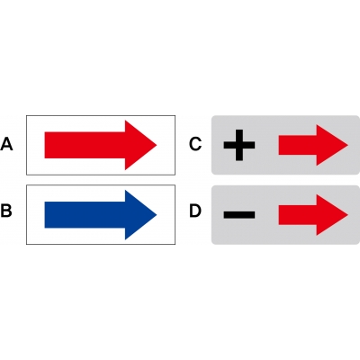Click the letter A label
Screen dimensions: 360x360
[6, 144]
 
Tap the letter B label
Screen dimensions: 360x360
[6, 211]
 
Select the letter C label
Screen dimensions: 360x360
[195, 144]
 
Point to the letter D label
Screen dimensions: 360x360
[195, 211]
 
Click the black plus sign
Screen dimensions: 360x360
[239, 145]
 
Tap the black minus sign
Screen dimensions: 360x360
[239, 214]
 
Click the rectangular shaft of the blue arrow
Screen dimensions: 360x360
[85, 215]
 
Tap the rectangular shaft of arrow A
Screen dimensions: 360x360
[85, 145]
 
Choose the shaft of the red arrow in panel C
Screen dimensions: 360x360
[298, 145]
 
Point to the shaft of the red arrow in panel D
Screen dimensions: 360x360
[298, 215]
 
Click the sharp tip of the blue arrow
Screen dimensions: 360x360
[157, 215]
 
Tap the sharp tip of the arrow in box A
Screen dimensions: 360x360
[157, 145]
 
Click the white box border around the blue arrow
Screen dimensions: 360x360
[101, 185]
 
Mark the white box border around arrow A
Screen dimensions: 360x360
[101, 115]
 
